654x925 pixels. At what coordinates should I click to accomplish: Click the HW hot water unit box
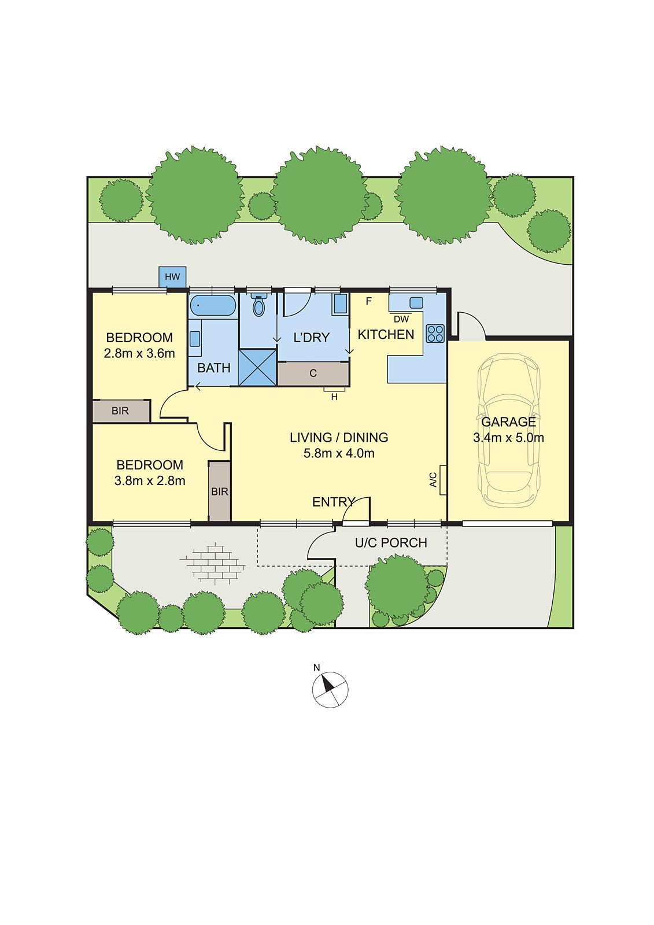tap(172, 277)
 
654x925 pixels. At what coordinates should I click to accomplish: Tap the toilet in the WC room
tap(258, 305)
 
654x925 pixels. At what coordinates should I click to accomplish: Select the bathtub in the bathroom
tap(213, 306)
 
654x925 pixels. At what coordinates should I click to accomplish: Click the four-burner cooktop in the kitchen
tap(435, 334)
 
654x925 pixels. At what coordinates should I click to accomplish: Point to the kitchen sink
tap(416, 303)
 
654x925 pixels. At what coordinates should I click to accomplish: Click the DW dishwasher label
tap(401, 319)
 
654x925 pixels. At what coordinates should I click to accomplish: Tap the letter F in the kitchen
tap(369, 301)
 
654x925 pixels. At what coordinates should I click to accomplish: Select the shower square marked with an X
tap(257, 368)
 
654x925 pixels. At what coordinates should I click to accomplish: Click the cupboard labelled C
tap(313, 373)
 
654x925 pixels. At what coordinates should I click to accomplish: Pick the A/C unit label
tap(433, 480)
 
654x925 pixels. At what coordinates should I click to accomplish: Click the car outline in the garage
tap(509, 430)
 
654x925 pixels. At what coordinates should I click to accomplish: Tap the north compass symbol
tap(330, 690)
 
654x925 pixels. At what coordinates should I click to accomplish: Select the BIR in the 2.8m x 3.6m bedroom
tap(121, 411)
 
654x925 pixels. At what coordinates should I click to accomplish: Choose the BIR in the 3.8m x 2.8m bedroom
tap(219, 491)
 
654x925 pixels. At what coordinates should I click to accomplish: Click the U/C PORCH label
tap(391, 543)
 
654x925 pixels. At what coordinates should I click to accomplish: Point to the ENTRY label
tap(334, 502)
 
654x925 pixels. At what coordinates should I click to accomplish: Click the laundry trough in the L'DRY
tap(341, 304)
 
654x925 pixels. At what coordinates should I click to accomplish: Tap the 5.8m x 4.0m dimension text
tap(339, 453)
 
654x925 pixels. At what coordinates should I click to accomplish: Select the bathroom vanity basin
tap(195, 339)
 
